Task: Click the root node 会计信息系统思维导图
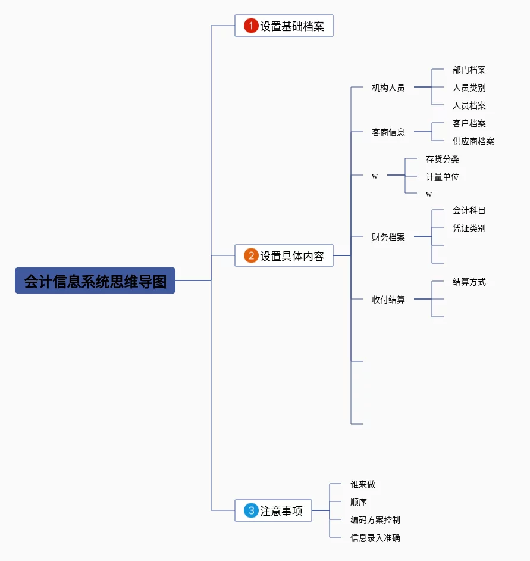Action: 95,280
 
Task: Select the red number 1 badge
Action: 251,26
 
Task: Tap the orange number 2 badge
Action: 251,255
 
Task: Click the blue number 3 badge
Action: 251,510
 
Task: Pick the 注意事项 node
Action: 281,511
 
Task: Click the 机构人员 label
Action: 388,88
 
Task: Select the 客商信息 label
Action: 388,132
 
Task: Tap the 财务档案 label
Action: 388,237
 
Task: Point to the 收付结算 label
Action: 388,300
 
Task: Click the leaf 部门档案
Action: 469,70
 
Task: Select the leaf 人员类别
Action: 469,88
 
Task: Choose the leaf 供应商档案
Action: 473,141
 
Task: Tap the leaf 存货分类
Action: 442,159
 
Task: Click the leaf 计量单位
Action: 442,177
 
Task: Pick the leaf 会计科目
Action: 469,210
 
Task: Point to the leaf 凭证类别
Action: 469,228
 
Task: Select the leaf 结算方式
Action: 469,282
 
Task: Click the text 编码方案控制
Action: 375,520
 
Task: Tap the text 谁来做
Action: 363,484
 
